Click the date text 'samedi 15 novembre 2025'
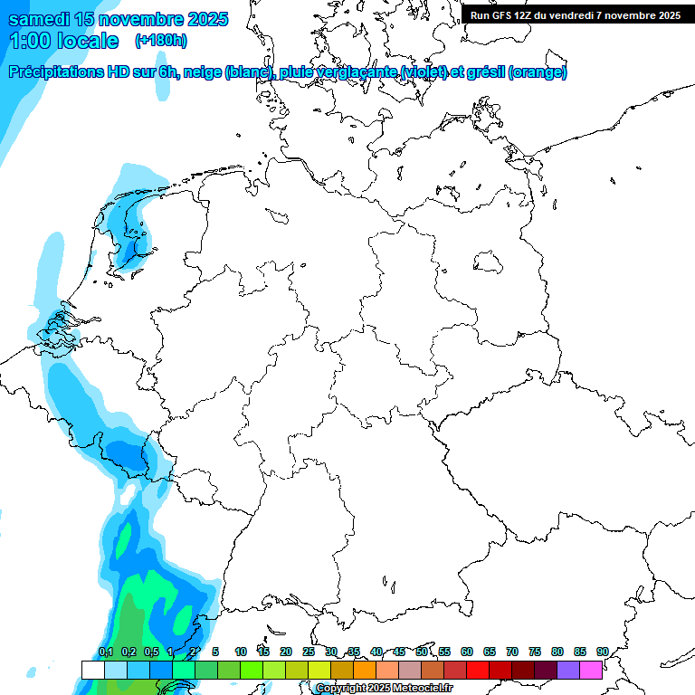click(x=118, y=19)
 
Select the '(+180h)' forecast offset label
click(x=161, y=41)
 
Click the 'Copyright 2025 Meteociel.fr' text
click(x=384, y=689)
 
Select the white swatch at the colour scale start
click(x=92, y=670)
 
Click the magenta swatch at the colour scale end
click(x=591, y=670)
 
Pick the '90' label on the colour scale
click(x=602, y=652)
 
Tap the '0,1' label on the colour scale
click(x=106, y=652)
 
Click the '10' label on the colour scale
click(x=241, y=652)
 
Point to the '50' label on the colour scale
click(x=422, y=652)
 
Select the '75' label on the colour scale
click(x=535, y=652)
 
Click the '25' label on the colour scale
click(x=309, y=652)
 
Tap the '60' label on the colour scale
click(x=467, y=652)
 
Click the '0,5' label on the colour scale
click(x=151, y=652)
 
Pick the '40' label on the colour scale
click(x=376, y=652)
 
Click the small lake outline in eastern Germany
click(x=489, y=262)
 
